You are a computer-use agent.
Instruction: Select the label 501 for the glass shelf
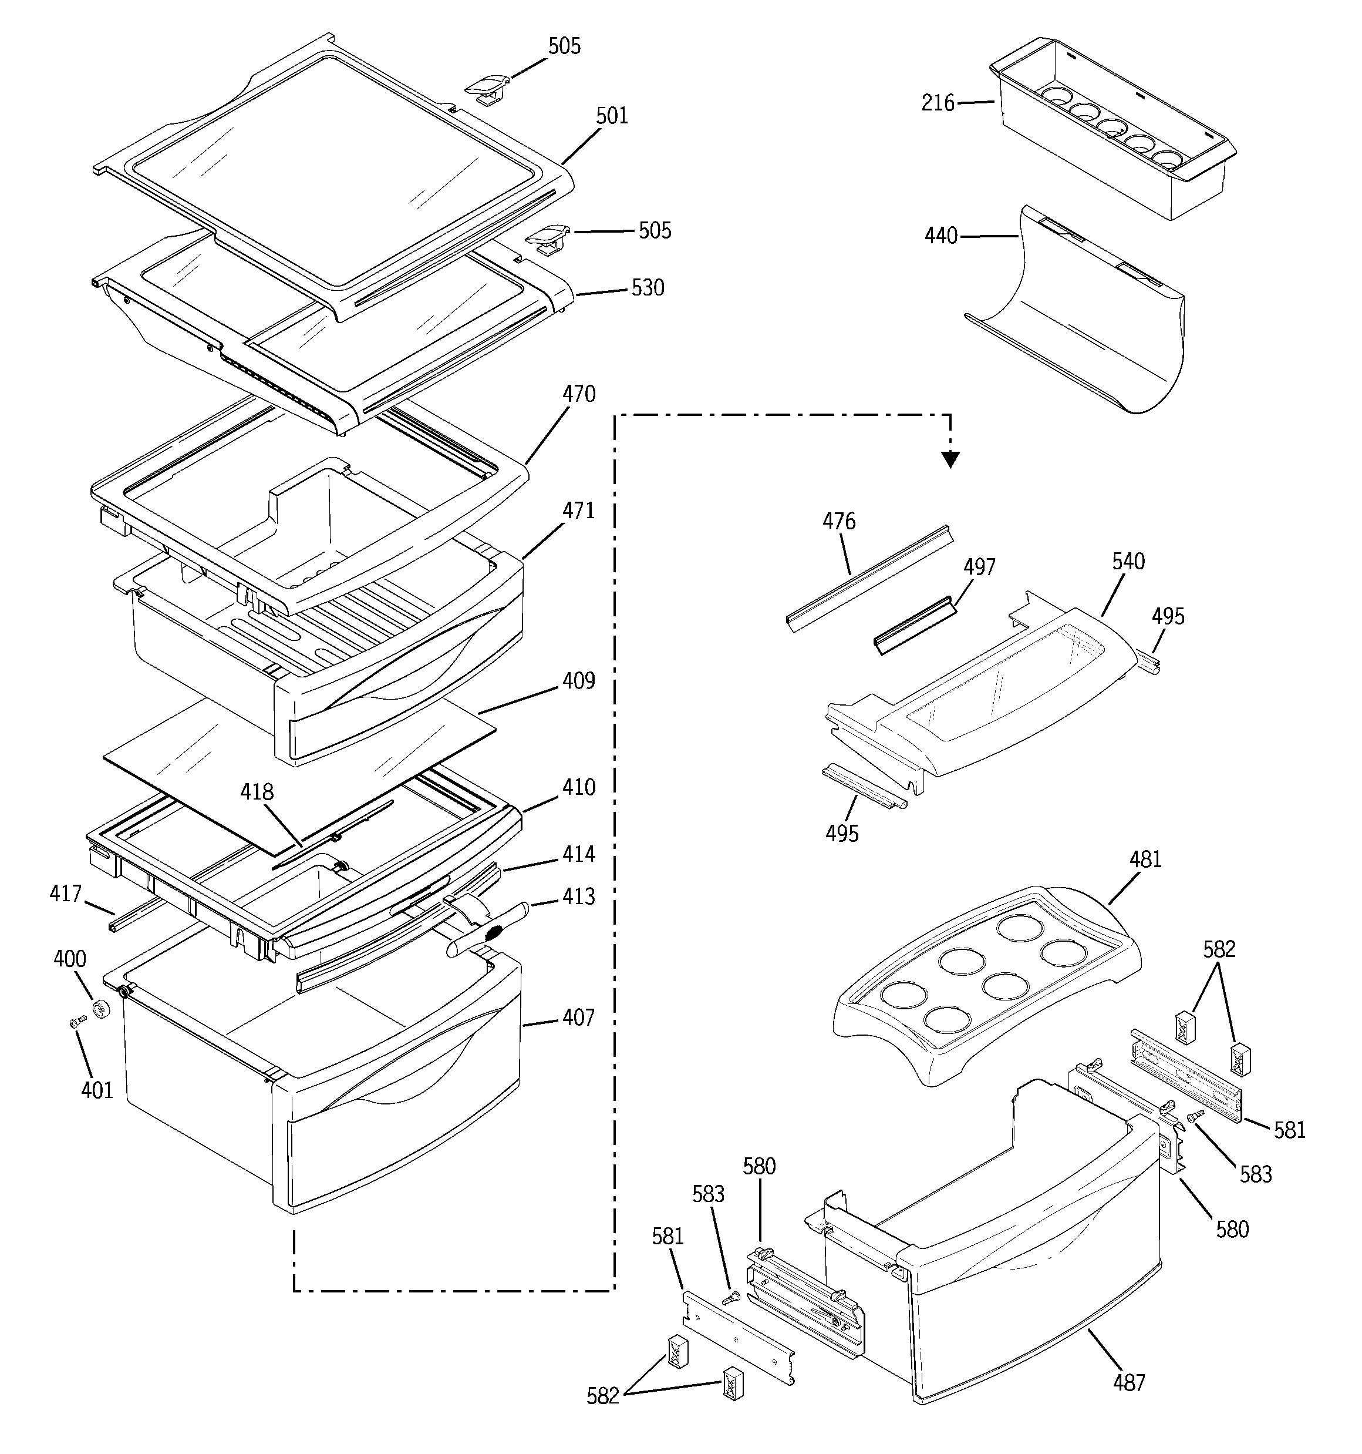click(x=612, y=116)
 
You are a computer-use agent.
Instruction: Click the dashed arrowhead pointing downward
click(x=950, y=459)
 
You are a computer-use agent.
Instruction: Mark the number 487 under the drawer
click(x=1129, y=1382)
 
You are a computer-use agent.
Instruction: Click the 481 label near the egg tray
click(x=1145, y=859)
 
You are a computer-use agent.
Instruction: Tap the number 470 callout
click(x=578, y=394)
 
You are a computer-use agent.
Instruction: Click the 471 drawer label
click(x=578, y=511)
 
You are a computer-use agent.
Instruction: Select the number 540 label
click(x=1128, y=562)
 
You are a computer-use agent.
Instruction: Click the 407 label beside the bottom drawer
click(x=578, y=1018)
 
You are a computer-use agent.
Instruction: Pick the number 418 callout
click(x=257, y=791)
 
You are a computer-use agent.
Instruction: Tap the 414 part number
click(x=578, y=854)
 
